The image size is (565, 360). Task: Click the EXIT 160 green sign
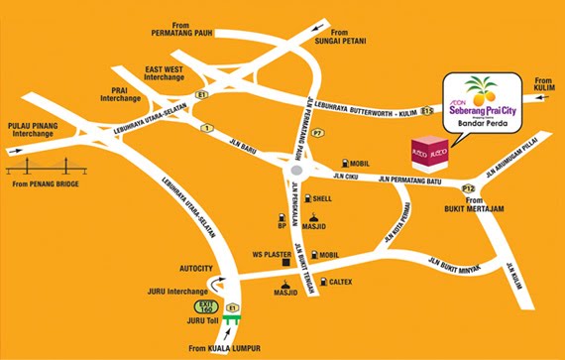[x=206, y=306]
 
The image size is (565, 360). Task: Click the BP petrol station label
[x=282, y=225]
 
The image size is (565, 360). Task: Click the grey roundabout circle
[x=294, y=177]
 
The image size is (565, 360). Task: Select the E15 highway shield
[x=426, y=110]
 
